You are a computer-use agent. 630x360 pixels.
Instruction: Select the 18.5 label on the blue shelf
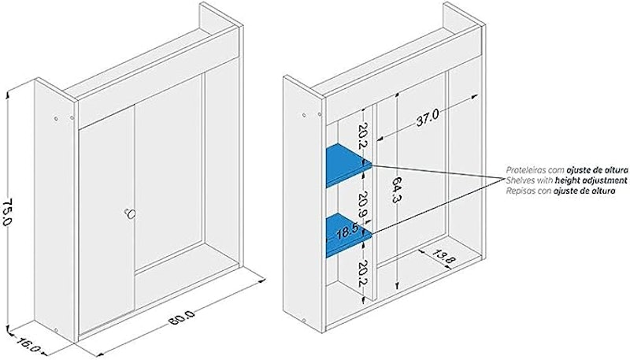[x=347, y=233]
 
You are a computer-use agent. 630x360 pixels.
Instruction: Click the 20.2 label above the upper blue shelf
[x=362, y=135]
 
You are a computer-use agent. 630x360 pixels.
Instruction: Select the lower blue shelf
[x=346, y=235]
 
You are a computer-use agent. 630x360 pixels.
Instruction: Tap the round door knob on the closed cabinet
[x=130, y=213]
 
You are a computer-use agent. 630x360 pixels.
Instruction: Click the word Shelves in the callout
[x=519, y=180]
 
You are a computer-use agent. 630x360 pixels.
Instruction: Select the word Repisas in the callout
[x=519, y=191]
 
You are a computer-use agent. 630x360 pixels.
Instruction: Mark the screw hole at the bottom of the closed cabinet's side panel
[x=56, y=329]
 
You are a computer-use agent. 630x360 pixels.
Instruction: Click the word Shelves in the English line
[x=519, y=180]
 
